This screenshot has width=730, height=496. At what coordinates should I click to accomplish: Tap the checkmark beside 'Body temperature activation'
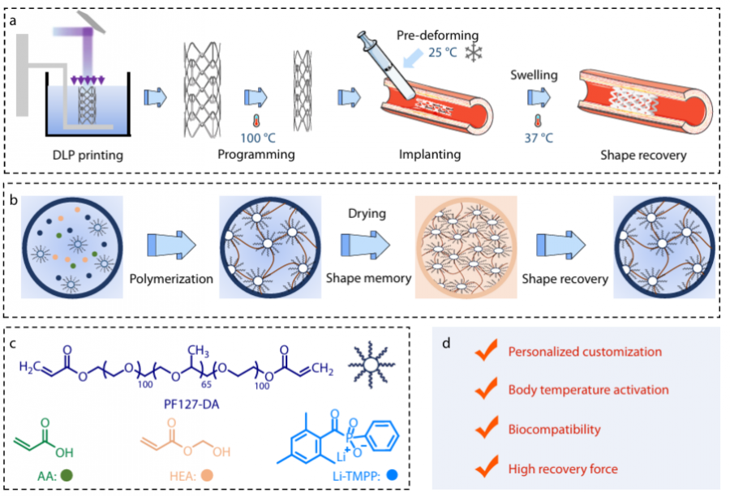tap(486, 390)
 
